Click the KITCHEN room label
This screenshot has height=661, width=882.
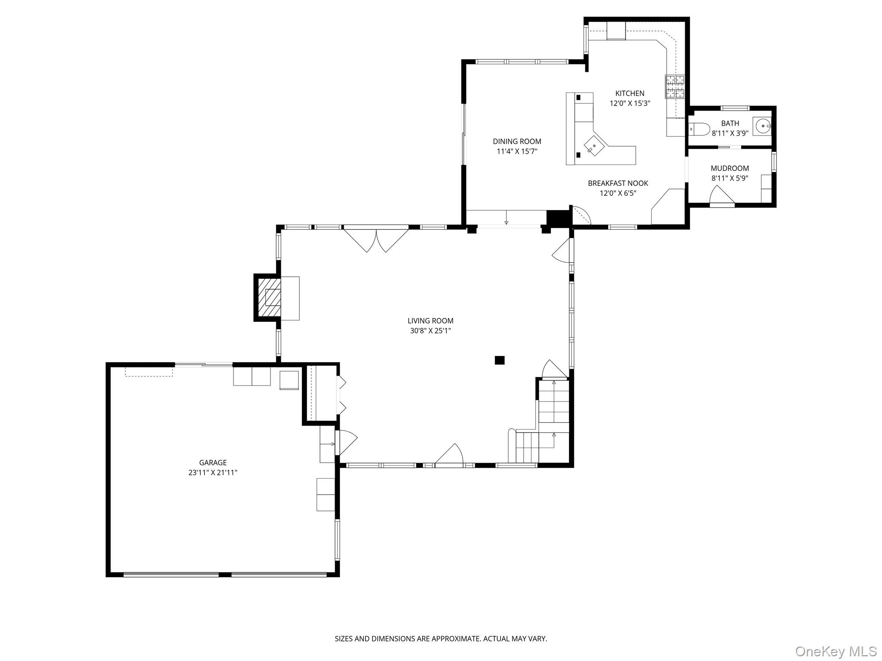pos(630,93)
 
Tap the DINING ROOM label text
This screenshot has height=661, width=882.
pos(517,141)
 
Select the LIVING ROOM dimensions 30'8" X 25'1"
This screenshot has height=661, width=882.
pos(430,331)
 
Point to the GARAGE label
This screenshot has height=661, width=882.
pos(213,463)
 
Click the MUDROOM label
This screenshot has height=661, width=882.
pos(730,168)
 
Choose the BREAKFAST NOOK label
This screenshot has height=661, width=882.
pos(618,183)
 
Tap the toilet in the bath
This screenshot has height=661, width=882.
pos(699,129)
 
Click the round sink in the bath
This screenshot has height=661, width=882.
pos(763,126)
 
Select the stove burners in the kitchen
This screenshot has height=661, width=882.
pos(675,86)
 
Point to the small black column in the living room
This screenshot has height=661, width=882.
pos(499,360)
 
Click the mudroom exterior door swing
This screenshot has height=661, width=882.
pos(721,196)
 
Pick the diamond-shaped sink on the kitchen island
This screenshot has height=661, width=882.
pos(594,146)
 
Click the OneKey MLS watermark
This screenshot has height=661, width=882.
pos(835,651)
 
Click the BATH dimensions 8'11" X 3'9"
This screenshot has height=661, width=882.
pos(730,133)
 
